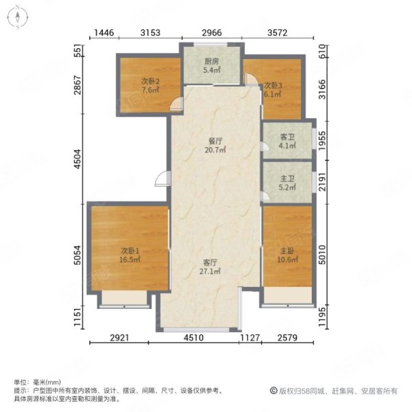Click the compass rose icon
[x=18, y=17]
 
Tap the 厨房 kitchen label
[x=211, y=61]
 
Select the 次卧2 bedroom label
[x=150, y=81]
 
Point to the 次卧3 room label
[x=273, y=85]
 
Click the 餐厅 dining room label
[x=216, y=141]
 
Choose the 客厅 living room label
[x=210, y=262]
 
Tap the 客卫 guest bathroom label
[x=287, y=137]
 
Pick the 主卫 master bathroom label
[x=287, y=179]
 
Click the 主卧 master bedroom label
[x=287, y=251]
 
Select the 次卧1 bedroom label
[x=130, y=251]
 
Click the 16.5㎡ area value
[x=130, y=260]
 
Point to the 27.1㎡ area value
[x=210, y=271]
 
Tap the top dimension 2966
[x=211, y=33]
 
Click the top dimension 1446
[x=104, y=33]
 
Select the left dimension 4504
[x=78, y=159]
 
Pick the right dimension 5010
[x=322, y=255]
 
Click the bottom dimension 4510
[x=194, y=338]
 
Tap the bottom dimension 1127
[x=250, y=338]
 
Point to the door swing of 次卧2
[x=176, y=104]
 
